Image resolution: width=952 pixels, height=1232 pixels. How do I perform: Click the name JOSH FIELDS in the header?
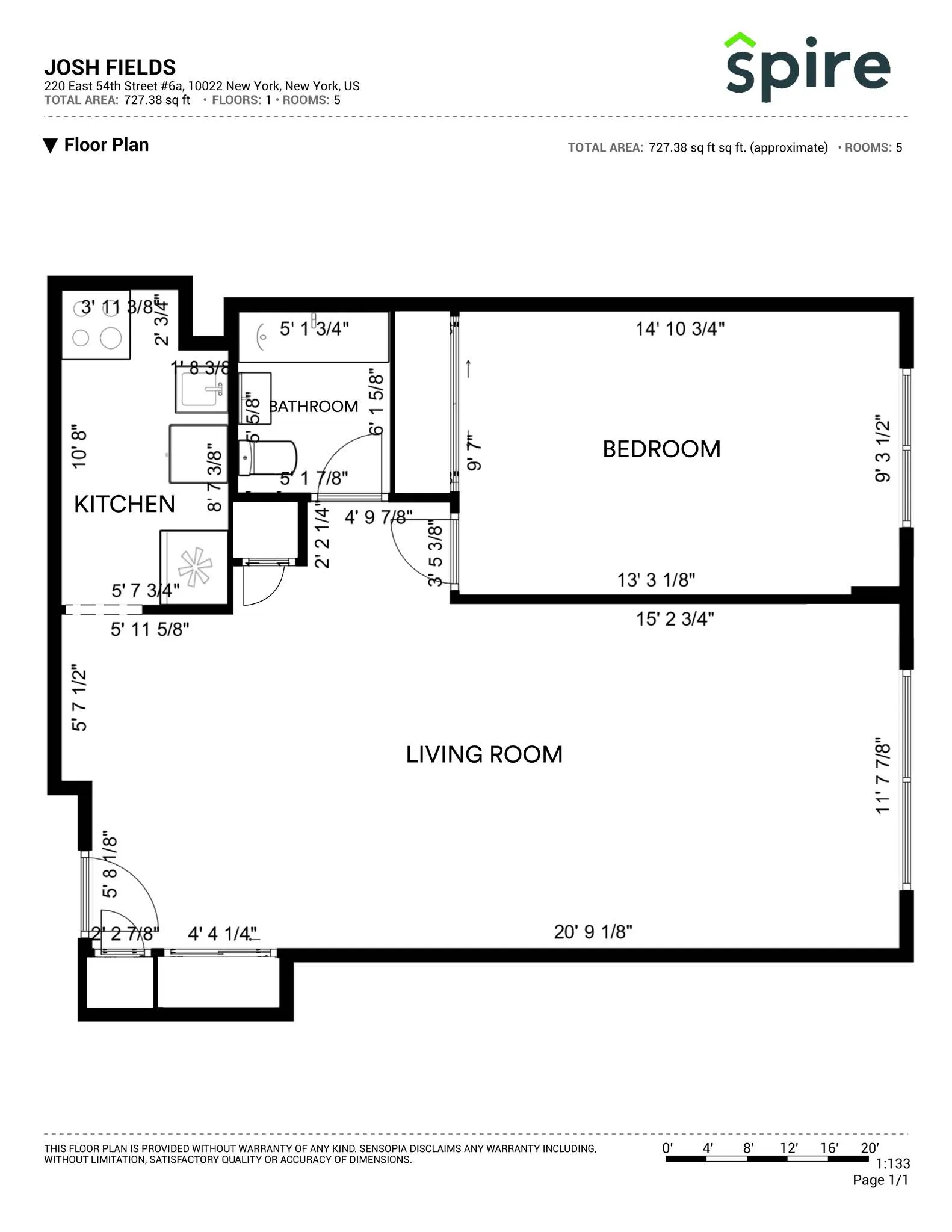click(x=110, y=67)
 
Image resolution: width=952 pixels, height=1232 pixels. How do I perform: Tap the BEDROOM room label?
click(x=661, y=449)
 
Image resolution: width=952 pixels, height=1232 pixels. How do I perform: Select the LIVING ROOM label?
click(x=484, y=754)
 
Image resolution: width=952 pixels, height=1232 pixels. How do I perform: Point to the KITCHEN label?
click(x=124, y=504)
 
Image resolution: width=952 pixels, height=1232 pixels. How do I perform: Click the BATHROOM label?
click(x=314, y=407)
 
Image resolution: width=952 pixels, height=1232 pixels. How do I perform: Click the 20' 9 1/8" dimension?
click(x=593, y=932)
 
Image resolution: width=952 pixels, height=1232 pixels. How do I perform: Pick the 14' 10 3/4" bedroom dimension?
click(x=680, y=329)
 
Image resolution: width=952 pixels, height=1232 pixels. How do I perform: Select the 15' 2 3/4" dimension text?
click(x=675, y=619)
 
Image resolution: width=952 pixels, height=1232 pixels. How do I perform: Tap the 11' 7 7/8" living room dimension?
click(x=882, y=776)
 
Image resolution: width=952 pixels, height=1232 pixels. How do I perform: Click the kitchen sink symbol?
click(x=202, y=390)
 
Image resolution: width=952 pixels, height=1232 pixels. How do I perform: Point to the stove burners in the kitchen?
click(x=96, y=328)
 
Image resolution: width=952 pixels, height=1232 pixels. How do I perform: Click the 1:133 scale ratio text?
click(x=893, y=1163)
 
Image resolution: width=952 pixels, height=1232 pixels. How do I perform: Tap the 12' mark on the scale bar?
click(x=788, y=1148)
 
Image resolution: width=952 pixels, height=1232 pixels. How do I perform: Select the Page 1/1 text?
click(x=880, y=1180)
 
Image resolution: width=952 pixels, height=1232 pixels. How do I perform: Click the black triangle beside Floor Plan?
click(x=51, y=146)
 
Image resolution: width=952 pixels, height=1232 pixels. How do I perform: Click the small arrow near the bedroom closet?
click(x=468, y=369)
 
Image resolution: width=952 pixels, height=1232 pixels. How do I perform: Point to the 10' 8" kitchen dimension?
click(x=79, y=449)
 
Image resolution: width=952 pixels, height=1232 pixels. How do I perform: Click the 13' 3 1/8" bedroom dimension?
click(x=656, y=580)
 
